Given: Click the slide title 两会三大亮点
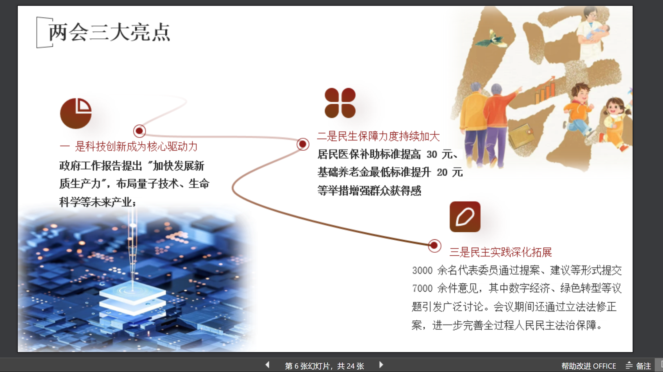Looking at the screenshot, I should coord(109,32).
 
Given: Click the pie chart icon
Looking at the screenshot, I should coord(75,113).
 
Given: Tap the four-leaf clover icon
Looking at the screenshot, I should coord(340,103).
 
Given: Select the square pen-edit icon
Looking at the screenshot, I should coord(465,217).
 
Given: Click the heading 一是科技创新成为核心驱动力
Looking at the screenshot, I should coord(129,146).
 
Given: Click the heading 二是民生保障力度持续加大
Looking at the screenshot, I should coord(378,136).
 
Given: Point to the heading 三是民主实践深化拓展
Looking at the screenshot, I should coord(500,252).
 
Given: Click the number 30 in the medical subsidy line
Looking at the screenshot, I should coord(432,154).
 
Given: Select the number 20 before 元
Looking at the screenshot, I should coord(442,172).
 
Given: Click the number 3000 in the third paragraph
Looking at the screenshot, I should coord(422,270).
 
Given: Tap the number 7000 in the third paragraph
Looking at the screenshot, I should coord(422,289).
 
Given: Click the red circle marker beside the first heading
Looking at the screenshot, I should coord(139,131).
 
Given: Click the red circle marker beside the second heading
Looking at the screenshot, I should coord(303,144).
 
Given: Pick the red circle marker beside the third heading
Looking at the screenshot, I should coord(434,246).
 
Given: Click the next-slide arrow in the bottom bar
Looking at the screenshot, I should coord(381,365).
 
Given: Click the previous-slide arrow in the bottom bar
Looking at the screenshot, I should coord(268,365).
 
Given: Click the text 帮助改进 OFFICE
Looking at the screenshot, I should coord(588,366).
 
